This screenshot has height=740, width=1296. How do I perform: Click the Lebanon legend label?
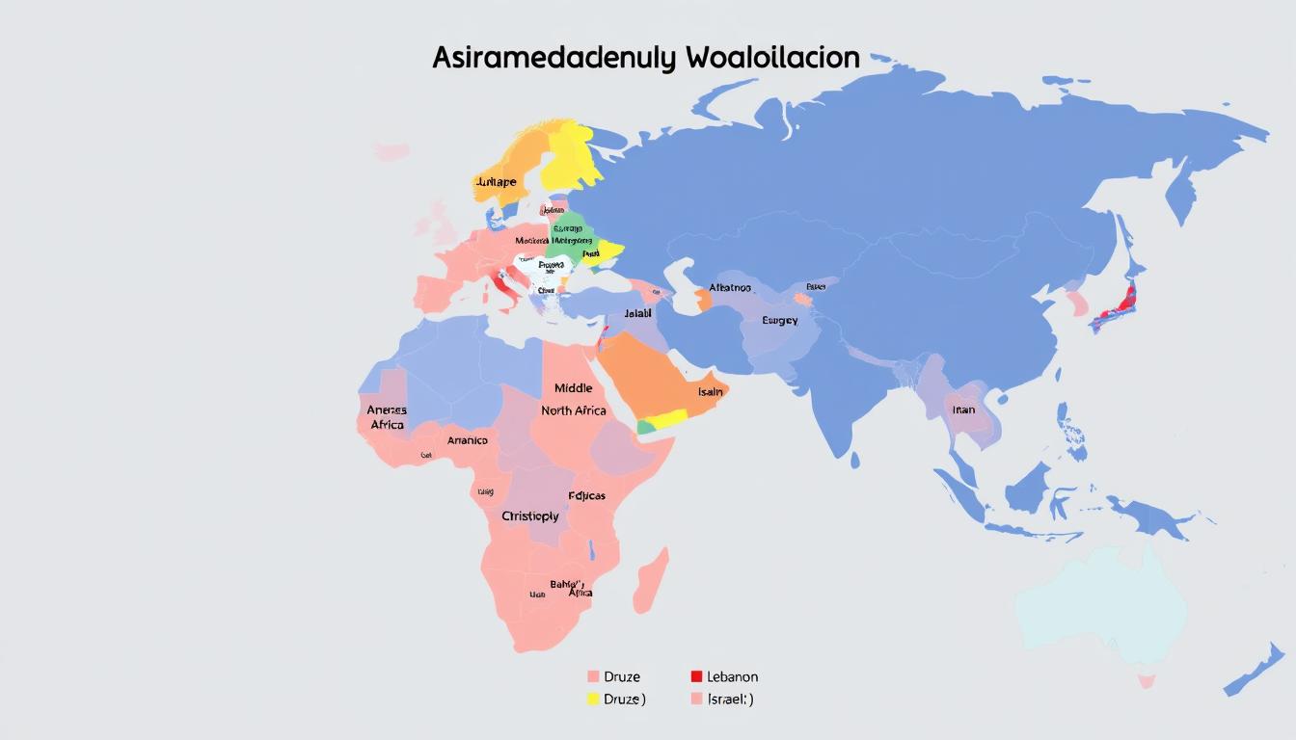[x=733, y=676]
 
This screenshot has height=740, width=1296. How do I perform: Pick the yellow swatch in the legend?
[x=593, y=699]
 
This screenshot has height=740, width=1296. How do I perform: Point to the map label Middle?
[x=574, y=388]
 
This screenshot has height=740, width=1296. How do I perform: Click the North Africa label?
[x=574, y=410]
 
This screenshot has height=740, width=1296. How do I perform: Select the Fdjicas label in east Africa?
[x=586, y=495]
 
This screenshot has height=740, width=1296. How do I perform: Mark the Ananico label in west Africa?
[x=468, y=440]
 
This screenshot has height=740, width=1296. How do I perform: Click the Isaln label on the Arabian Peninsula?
[x=711, y=392]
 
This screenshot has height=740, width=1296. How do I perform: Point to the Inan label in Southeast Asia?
[x=963, y=410]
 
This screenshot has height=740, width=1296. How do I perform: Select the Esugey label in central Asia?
[x=779, y=320]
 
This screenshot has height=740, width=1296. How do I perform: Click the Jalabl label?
[x=637, y=313]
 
